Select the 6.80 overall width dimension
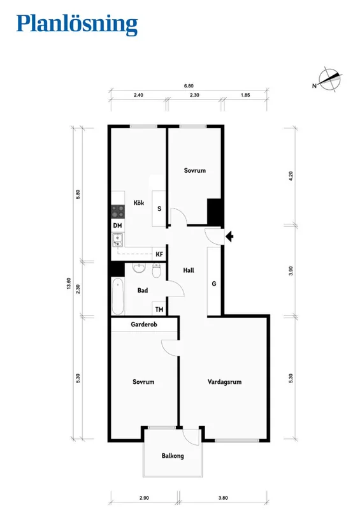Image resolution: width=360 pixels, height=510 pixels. [x=188, y=85]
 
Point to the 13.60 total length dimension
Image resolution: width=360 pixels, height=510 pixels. [x=68, y=284]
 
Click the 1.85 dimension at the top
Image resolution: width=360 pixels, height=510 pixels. [x=245, y=95]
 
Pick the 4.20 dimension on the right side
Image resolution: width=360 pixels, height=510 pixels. [x=291, y=175]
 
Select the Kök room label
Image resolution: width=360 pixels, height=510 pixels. [x=138, y=203]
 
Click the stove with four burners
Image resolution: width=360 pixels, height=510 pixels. [x=118, y=210]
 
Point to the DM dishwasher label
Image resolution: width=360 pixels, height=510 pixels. [x=117, y=226]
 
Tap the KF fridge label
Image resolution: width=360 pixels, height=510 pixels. [x=159, y=254]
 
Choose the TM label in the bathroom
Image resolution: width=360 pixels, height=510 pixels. [x=159, y=309]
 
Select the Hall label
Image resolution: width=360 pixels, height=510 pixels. [x=189, y=270]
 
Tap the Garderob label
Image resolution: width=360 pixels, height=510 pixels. [x=143, y=324]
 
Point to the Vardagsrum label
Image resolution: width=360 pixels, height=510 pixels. [x=224, y=382]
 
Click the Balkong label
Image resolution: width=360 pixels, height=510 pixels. [x=173, y=456]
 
